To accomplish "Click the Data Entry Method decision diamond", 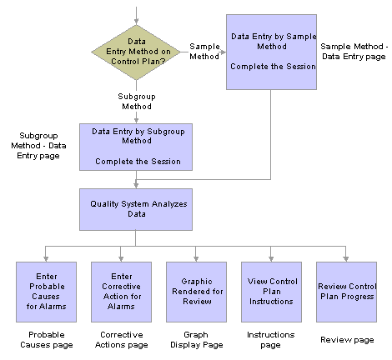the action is click(x=136, y=52).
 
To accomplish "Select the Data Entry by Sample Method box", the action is click(x=271, y=52).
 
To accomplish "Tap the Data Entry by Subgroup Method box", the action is click(x=136, y=147).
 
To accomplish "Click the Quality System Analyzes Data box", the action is click(x=136, y=209).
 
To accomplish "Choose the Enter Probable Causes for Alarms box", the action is click(x=46, y=292).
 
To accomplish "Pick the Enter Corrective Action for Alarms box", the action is click(x=121, y=292).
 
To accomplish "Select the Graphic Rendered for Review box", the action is click(x=196, y=292).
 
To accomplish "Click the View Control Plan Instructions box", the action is click(x=271, y=292).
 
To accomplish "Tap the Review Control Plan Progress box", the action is click(x=346, y=292).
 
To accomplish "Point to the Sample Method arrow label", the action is click(x=204, y=52).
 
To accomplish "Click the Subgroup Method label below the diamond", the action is click(x=137, y=102).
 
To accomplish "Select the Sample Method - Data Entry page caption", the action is click(x=354, y=52).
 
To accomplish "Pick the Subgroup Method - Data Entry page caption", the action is click(x=38, y=146).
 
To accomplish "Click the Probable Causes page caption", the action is click(x=47, y=340).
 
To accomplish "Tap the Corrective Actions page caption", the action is click(x=122, y=340).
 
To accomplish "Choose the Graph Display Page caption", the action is click(x=197, y=340).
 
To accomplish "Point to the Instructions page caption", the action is click(x=271, y=340).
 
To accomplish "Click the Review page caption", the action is click(x=347, y=340).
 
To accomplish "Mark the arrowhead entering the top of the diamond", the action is click(x=136, y=22).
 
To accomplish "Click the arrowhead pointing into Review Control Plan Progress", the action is click(x=346, y=258).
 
